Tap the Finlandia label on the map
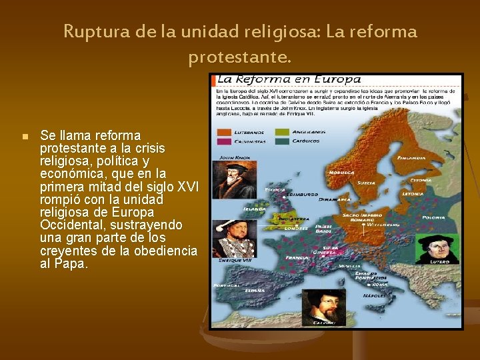(411, 158)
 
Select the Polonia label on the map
(433, 217)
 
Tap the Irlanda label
(256, 208)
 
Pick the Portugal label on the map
(226, 285)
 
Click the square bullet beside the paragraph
(24, 137)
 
